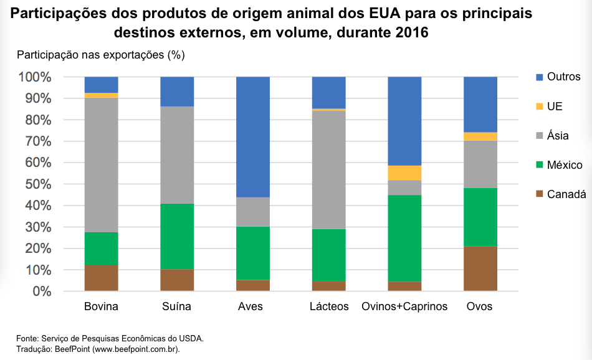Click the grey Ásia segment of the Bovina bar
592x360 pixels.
click(x=102, y=165)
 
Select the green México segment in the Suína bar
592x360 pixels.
click(x=177, y=236)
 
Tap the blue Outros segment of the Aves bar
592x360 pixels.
click(x=253, y=137)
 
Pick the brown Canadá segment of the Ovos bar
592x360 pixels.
click(x=480, y=268)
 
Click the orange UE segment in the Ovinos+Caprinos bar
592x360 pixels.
click(x=404, y=173)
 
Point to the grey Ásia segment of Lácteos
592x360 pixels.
click(x=328, y=169)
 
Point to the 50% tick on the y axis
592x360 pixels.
click(x=38, y=184)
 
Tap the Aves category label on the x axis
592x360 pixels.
click(x=251, y=306)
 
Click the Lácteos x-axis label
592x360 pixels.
click(x=329, y=306)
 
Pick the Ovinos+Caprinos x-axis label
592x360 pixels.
click(x=404, y=306)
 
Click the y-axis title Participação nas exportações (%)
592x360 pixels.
click(x=101, y=55)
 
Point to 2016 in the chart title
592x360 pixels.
click(x=412, y=32)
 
